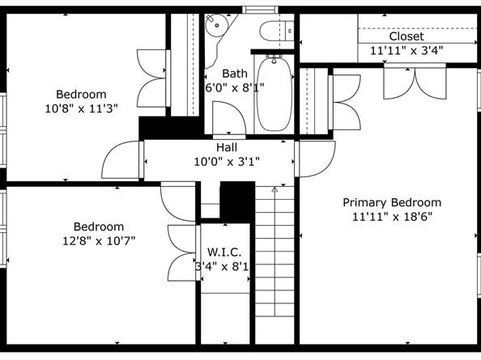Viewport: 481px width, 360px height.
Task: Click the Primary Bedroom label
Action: (x=392, y=203)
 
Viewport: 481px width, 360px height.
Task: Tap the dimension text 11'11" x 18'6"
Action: (x=392, y=217)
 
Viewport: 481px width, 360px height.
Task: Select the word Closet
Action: (x=407, y=36)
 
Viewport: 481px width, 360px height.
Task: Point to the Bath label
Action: (x=235, y=74)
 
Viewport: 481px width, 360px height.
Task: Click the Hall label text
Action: (x=227, y=147)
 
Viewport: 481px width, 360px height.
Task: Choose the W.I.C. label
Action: (x=224, y=252)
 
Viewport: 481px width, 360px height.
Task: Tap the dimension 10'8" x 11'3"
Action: (x=81, y=108)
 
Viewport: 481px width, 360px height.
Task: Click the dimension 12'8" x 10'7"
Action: (x=99, y=241)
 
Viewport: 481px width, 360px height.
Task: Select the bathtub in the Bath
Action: (x=274, y=94)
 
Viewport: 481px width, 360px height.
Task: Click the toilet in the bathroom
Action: (x=277, y=31)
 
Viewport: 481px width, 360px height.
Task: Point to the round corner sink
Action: (x=216, y=25)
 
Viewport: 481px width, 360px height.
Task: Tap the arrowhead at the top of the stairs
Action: (x=275, y=189)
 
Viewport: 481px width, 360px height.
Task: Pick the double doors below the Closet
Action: (x=415, y=82)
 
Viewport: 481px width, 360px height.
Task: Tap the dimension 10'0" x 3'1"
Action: (x=227, y=162)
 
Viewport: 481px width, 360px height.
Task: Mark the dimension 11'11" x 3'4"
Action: (x=407, y=50)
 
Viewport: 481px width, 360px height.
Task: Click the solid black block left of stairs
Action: (x=237, y=202)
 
